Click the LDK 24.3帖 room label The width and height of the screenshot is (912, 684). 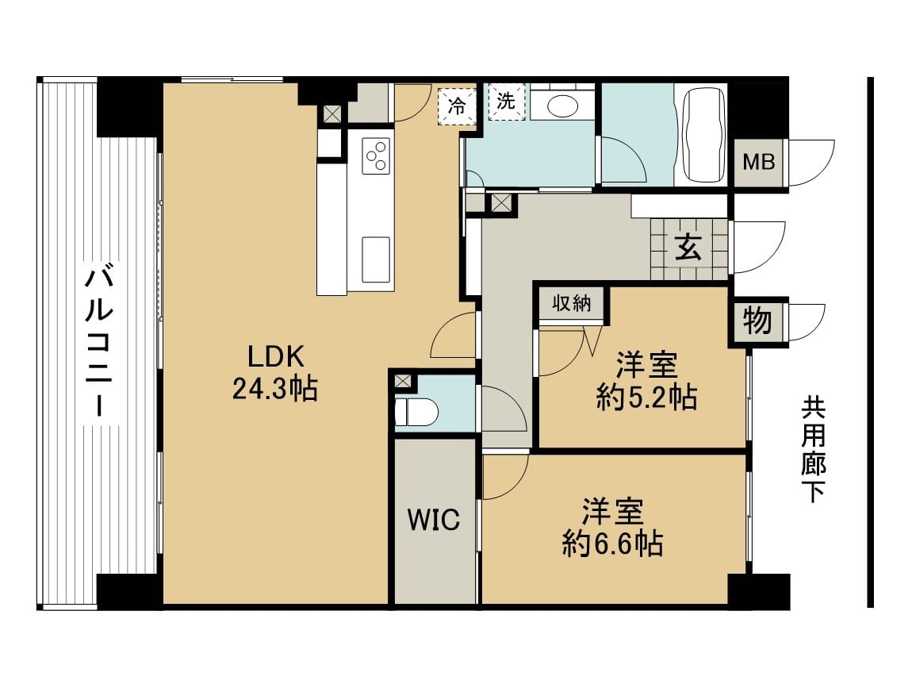pos(275,372)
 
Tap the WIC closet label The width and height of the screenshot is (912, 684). pos(434,520)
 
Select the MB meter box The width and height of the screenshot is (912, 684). pos(759,162)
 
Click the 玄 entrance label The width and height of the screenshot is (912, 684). pos(688,248)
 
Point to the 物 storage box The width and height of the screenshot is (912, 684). pos(757,321)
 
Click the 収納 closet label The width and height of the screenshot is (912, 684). pos(572,302)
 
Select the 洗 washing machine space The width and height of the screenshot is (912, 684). pos(507,102)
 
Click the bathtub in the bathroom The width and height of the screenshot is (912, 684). pos(703,134)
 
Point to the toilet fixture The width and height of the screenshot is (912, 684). pos(416,412)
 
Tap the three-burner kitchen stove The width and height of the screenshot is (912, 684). pos(376,156)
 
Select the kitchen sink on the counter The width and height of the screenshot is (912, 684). pos(376,259)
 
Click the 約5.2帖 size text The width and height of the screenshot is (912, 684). pos(646,398)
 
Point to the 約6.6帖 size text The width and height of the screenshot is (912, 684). pos(612,544)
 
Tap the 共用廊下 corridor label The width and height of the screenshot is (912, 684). pos(813,449)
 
